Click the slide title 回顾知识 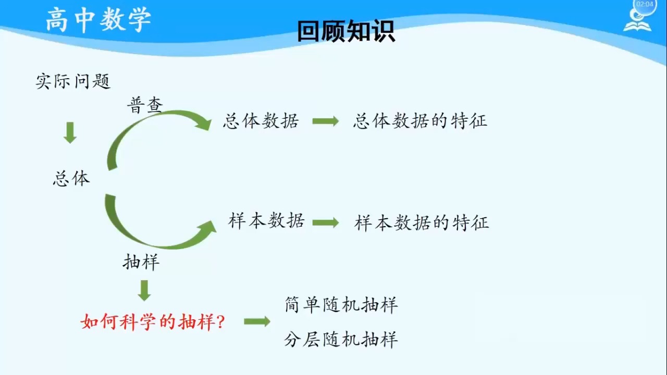346,31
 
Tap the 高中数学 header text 98,20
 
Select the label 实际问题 73,81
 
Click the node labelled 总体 71,179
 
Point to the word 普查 145,105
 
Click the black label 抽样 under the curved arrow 141,262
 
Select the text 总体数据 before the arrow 261,121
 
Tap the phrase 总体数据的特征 420,121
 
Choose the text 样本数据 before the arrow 266,221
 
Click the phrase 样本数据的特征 422,223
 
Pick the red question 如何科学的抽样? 153,322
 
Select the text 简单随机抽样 341,305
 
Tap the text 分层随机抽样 341,340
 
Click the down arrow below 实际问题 70,133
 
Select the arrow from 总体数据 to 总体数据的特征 326,121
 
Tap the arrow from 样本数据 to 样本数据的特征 326,222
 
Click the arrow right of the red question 257,321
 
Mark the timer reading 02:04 645,4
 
